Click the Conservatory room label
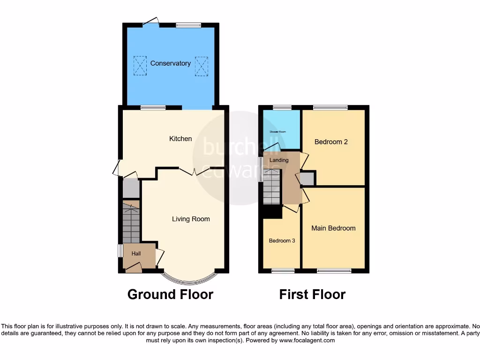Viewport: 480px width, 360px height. coord(170,63)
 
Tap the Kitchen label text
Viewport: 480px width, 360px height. coord(180,138)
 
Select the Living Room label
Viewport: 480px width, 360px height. coord(191,219)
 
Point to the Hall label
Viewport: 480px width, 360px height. coord(136,254)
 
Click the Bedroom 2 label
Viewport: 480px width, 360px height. coord(331,142)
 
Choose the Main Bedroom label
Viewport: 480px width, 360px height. coord(333,228)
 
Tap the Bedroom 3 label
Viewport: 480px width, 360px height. coord(282,241)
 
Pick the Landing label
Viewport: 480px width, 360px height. coord(279,160)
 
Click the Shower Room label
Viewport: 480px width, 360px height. coord(277,132)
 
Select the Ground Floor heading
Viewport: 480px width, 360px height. coord(170,294)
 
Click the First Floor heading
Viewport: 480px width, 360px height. coord(312,294)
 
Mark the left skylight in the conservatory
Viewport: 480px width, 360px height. coord(140,66)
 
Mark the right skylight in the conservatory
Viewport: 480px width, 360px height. coord(201,66)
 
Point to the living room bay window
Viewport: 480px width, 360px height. coord(189,279)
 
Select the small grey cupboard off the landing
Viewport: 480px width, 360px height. coord(307,179)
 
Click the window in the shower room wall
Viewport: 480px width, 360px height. coord(282,107)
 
